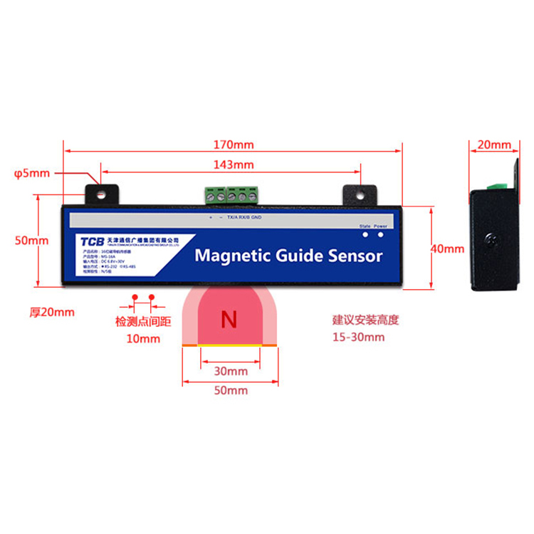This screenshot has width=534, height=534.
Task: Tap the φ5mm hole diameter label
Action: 31,173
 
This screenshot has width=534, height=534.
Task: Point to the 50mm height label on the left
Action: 32,241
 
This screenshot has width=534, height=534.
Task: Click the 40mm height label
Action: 448,249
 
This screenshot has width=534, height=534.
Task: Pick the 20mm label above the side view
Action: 493,145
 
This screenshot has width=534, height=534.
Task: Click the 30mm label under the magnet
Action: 230,371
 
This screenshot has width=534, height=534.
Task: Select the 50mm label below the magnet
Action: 230,390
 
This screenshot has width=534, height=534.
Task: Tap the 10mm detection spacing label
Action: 143,338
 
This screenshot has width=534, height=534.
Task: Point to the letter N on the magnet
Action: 229,320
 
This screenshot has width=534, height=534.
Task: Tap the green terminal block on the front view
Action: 232,194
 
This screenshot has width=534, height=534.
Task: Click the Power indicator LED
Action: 381,235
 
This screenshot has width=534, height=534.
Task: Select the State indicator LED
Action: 365,235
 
